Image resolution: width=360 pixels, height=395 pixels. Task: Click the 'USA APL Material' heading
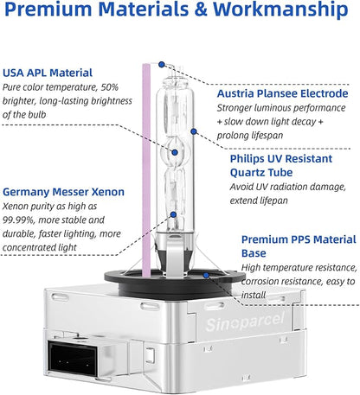point(48,73)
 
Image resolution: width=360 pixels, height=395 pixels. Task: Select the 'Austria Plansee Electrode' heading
point(283,93)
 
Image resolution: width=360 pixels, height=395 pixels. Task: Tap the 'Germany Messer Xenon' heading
point(63,192)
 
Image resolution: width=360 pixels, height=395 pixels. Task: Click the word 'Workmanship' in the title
point(280,10)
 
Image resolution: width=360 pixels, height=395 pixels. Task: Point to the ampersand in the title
point(201,10)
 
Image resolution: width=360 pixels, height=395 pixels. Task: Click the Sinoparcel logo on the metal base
point(245,322)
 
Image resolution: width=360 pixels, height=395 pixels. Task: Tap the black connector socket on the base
point(73,358)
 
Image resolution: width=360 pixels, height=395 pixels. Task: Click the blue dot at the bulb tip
point(162,65)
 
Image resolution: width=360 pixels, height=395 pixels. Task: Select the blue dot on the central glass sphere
point(175,152)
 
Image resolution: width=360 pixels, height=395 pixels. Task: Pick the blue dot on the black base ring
point(206,276)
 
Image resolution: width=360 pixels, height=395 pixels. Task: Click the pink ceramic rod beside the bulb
point(146,170)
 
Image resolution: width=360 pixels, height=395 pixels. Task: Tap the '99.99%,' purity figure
point(19,220)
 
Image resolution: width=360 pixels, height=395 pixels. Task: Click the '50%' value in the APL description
point(110,87)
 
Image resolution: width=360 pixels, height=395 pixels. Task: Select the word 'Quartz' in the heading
point(247,173)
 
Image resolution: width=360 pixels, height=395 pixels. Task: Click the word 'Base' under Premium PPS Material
point(254,253)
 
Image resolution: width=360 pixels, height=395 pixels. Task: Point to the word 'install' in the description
point(254,295)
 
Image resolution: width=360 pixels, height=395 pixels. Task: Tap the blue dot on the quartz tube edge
point(194,131)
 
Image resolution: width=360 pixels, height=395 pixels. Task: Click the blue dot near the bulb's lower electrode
point(173,214)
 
